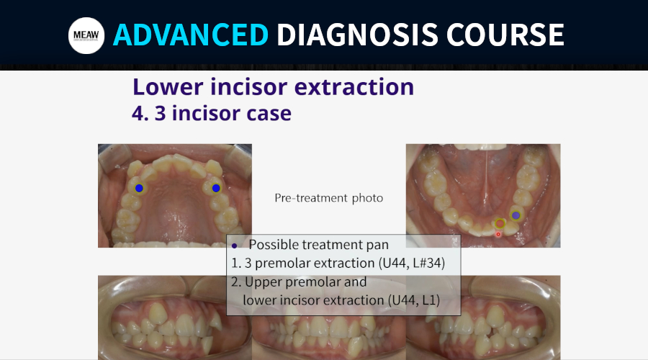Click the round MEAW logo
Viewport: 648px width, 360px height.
tap(86, 35)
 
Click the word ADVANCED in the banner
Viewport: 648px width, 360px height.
tap(191, 35)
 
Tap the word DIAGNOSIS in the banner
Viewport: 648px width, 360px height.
tap(357, 35)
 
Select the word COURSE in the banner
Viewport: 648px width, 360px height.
tap(505, 35)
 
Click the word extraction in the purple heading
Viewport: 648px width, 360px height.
tap(354, 87)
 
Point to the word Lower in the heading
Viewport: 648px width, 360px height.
tap(168, 87)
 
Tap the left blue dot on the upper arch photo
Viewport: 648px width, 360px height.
tap(139, 188)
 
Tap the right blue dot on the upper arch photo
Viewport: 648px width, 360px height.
tap(216, 188)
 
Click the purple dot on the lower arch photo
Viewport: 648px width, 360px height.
tap(516, 215)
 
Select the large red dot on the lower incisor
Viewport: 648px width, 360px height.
tap(500, 224)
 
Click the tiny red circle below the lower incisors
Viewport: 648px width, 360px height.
tap(498, 234)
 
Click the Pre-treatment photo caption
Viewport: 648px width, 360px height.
tap(328, 199)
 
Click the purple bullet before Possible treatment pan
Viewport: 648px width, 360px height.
tap(234, 246)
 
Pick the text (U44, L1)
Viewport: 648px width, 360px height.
tap(414, 300)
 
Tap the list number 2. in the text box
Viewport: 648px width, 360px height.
tap(236, 282)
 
